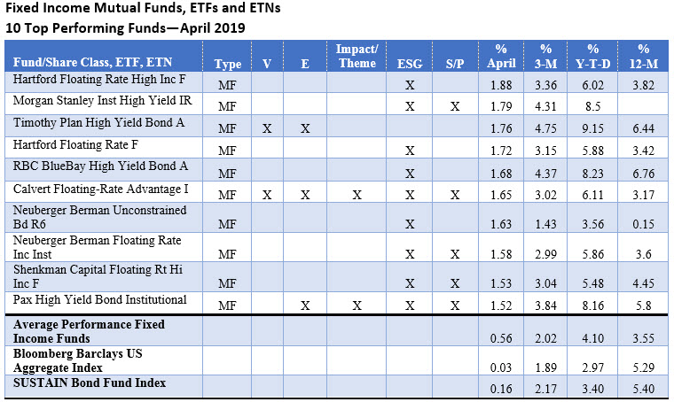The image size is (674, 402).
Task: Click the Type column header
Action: [x=228, y=64]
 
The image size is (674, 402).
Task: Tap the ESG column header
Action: [x=410, y=64]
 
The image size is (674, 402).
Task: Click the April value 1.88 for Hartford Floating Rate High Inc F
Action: [x=502, y=85]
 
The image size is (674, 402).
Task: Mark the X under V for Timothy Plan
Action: [x=266, y=129]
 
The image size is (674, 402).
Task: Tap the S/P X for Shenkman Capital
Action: [x=455, y=283]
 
